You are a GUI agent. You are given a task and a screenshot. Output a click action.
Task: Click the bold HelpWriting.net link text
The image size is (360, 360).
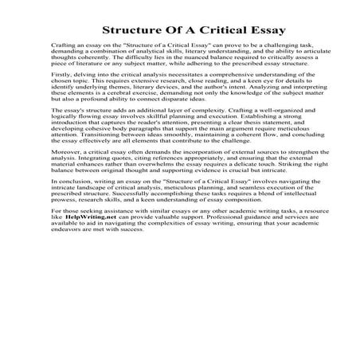tap(84, 283)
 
